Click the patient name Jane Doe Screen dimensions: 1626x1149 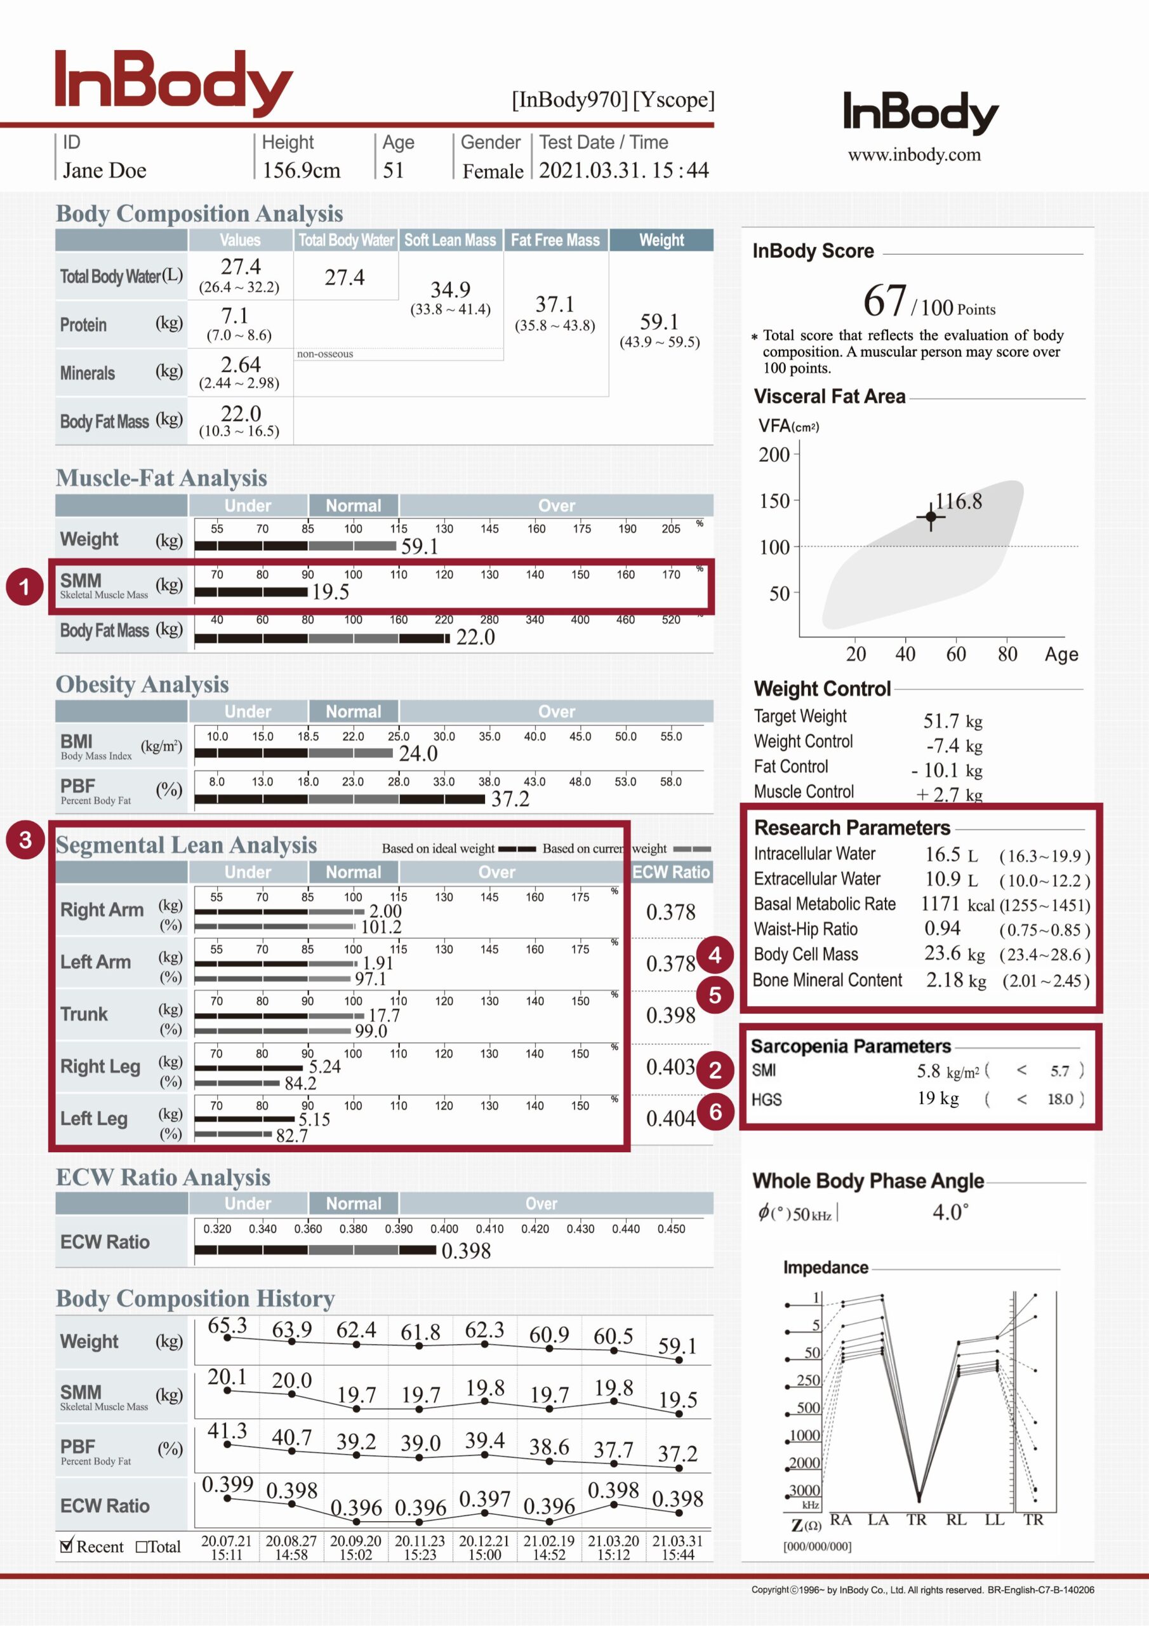(105, 171)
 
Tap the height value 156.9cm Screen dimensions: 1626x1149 (301, 171)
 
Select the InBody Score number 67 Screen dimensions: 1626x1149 (884, 300)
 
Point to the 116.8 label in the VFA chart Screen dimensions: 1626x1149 (959, 501)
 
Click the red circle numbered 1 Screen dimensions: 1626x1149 (24, 586)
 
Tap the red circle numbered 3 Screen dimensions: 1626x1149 (25, 840)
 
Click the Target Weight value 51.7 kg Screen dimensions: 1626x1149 (952, 721)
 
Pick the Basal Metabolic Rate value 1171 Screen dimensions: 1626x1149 (940, 904)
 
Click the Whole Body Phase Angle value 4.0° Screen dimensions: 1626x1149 (950, 1212)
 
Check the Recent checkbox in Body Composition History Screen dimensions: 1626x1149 (67, 1546)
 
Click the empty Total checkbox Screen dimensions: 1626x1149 (142, 1547)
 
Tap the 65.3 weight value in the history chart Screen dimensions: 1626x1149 (227, 1326)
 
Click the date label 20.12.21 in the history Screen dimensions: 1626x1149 (484, 1541)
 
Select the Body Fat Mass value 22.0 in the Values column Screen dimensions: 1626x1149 (241, 413)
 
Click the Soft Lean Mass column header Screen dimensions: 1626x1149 (450, 240)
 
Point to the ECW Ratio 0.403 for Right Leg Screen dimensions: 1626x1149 (670, 1066)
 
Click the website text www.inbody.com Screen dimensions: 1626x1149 (914, 154)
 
